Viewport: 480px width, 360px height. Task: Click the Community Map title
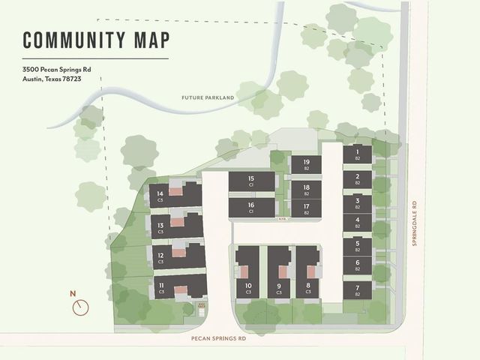(x=95, y=40)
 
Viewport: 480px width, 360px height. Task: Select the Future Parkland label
(x=208, y=98)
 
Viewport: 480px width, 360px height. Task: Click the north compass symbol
(x=81, y=306)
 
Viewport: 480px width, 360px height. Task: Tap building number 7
(x=358, y=290)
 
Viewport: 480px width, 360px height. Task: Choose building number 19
(x=306, y=164)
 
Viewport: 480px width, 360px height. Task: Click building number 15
(x=251, y=181)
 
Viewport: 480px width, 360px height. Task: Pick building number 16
(x=251, y=207)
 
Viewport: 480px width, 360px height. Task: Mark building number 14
(x=160, y=196)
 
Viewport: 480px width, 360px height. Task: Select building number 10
(x=247, y=286)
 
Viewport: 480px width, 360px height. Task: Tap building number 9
(x=278, y=286)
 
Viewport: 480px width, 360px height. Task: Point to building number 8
(x=308, y=286)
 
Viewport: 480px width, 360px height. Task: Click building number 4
(x=358, y=222)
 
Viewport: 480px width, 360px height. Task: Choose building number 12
(x=160, y=256)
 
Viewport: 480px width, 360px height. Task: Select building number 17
(x=306, y=208)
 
